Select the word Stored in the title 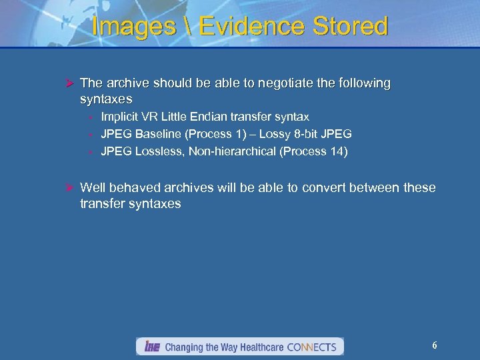(347, 26)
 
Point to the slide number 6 (435, 345)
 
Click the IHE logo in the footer (151, 347)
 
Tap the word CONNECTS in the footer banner (313, 347)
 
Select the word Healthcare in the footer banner (255, 347)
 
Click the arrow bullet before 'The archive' (68, 83)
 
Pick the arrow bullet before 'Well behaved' (68, 188)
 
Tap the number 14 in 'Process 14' (337, 151)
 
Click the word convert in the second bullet (323, 188)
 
